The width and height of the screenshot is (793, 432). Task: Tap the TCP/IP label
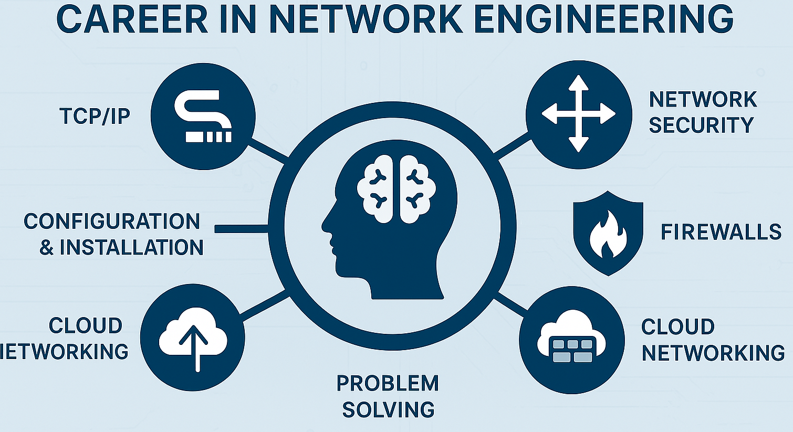(x=95, y=116)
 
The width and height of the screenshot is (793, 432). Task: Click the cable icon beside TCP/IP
(x=203, y=116)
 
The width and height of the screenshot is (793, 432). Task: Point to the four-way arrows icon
(x=578, y=114)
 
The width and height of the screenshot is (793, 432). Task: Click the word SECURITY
(x=701, y=125)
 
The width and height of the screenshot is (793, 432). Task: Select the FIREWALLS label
(x=721, y=232)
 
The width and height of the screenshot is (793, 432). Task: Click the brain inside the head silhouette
(x=396, y=188)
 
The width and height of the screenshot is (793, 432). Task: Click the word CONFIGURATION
(x=112, y=222)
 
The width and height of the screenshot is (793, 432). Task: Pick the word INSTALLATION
(x=131, y=247)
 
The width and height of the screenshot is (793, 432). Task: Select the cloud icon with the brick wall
(x=571, y=340)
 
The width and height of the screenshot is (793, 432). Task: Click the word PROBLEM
(x=388, y=384)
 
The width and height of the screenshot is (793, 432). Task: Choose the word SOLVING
(x=388, y=409)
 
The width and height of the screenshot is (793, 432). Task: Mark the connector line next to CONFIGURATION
(x=242, y=229)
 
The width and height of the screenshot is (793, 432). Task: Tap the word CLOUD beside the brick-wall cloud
(x=677, y=327)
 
